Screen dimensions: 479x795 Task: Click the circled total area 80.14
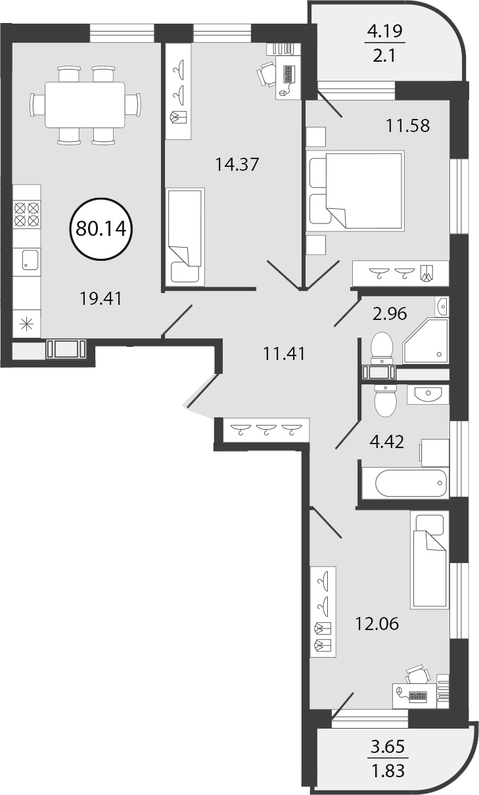(x=101, y=229)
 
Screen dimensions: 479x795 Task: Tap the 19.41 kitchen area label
(x=101, y=298)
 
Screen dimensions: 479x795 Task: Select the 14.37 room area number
(x=237, y=164)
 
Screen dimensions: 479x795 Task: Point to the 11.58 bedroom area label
(x=407, y=125)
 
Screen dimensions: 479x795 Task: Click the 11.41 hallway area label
(x=284, y=354)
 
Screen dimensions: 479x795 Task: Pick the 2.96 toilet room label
(x=390, y=314)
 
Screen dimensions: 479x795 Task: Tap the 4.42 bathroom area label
(x=387, y=442)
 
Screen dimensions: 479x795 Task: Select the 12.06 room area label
(x=376, y=624)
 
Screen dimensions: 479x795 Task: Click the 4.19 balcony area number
(x=385, y=32)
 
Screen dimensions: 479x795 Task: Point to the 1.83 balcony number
(x=388, y=771)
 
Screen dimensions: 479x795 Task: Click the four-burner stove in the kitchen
(x=26, y=214)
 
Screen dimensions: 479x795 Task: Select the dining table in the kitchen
(x=85, y=104)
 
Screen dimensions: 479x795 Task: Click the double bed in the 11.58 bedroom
(x=355, y=191)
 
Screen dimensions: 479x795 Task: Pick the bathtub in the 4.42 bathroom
(x=411, y=483)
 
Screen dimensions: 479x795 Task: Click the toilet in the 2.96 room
(x=382, y=348)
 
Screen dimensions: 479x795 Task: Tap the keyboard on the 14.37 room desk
(x=289, y=74)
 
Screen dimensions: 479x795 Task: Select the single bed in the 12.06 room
(x=428, y=560)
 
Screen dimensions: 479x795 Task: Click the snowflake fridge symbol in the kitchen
(x=26, y=325)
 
